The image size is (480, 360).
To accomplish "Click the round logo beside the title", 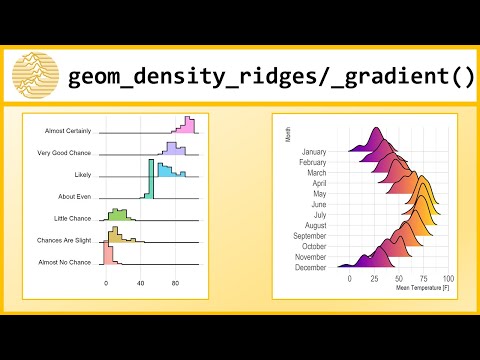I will (x=34, y=72).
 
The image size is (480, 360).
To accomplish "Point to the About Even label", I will (x=75, y=196).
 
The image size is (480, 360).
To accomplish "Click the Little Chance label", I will (x=73, y=218).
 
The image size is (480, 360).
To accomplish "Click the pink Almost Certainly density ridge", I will (x=185, y=124).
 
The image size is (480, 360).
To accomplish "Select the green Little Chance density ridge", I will (x=117, y=214).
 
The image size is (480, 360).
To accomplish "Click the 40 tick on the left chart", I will (x=141, y=284).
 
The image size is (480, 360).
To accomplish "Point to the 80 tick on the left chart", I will (x=176, y=284).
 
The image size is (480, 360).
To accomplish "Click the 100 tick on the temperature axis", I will (x=448, y=278).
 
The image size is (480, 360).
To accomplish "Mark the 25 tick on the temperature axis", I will (x=374, y=278).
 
